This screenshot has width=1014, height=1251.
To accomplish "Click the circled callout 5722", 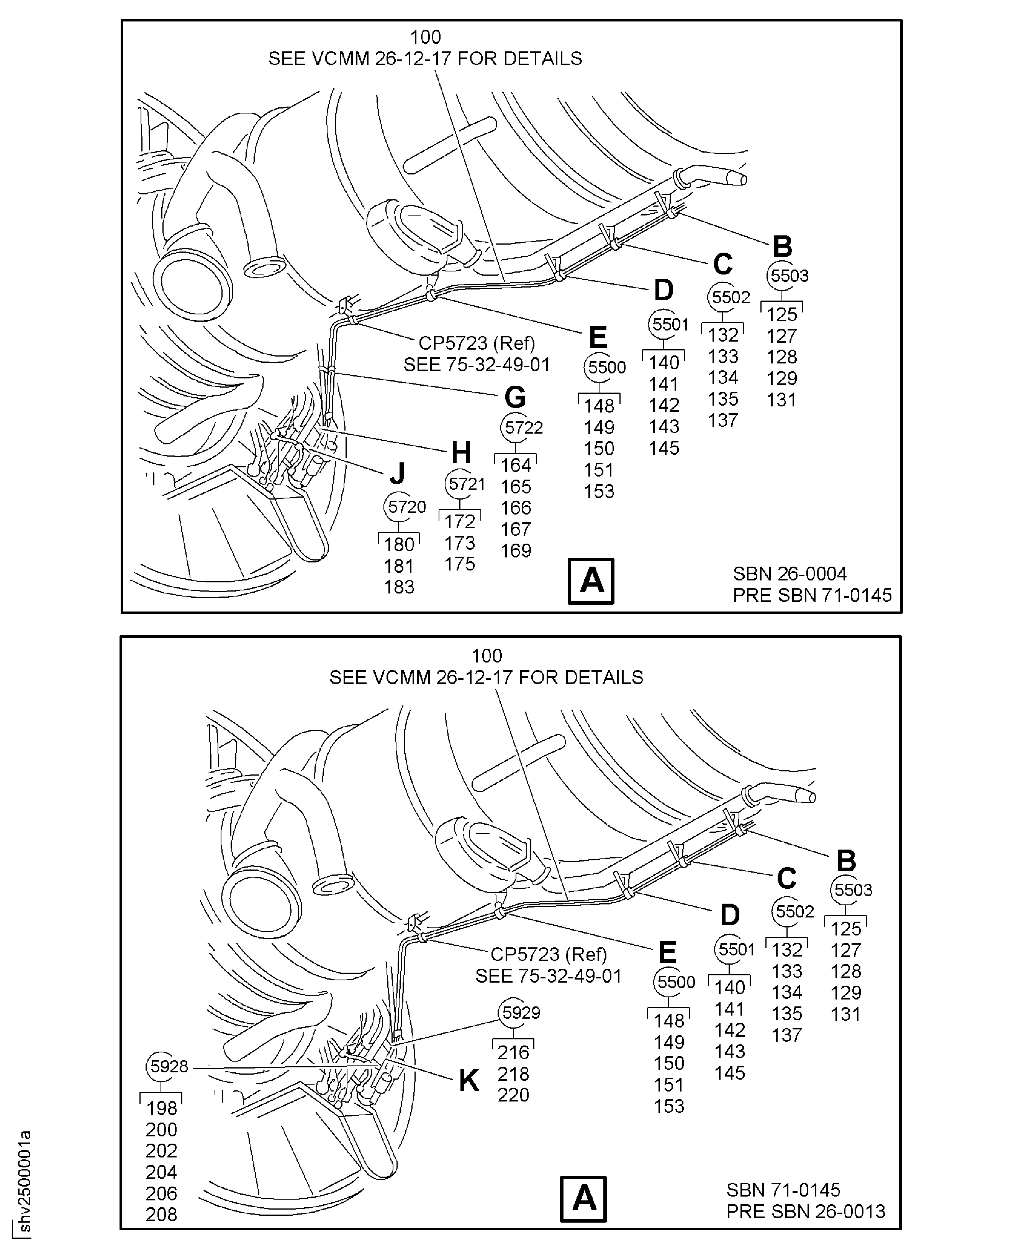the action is point(516,427).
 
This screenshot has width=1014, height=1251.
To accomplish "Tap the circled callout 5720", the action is point(398,507).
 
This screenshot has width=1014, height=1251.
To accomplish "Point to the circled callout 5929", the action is point(513,1013).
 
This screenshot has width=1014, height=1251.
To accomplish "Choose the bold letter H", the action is point(461,452).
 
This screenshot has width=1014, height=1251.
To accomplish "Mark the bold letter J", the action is point(398,473).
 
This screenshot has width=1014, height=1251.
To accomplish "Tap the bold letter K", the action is point(469,1080).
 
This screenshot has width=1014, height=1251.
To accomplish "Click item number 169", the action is point(516,551).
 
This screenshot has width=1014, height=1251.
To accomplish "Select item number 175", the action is point(460,564).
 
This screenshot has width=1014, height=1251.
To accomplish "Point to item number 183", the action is point(399,587).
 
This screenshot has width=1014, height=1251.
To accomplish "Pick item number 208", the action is point(161,1215).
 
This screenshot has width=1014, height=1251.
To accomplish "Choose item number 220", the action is point(513,1095).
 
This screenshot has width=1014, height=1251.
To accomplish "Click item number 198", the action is point(161,1108).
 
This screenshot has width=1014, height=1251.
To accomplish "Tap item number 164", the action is point(516,465).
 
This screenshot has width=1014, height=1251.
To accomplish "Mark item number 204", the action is point(161,1172).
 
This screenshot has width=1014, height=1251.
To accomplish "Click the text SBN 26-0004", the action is point(790,574).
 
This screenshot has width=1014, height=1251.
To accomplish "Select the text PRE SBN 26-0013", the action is point(806,1211).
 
